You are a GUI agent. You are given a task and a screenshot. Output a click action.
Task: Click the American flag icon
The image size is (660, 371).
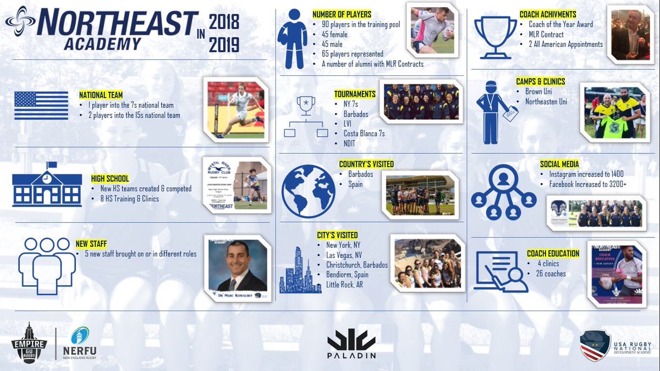tap(41, 106)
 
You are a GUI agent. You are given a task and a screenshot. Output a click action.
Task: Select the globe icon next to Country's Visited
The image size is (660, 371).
tap(308, 187)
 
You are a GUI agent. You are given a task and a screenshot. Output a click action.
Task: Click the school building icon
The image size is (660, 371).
tap(47, 185)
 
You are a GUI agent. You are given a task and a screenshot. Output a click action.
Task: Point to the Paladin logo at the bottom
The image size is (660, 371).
tap(352, 344)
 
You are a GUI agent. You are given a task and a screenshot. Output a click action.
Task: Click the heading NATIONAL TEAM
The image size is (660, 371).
tap(101, 95)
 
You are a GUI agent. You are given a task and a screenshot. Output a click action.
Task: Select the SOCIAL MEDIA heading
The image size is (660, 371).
tap(559, 164)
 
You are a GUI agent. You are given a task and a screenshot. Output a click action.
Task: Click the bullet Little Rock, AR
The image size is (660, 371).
tap(345, 285)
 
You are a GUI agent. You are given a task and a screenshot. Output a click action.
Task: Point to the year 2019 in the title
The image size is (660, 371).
tap(224, 45)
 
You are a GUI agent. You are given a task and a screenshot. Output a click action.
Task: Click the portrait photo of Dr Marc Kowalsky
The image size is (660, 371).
tap(237, 265)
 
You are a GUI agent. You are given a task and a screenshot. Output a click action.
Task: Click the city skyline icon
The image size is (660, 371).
tap(300, 271)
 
